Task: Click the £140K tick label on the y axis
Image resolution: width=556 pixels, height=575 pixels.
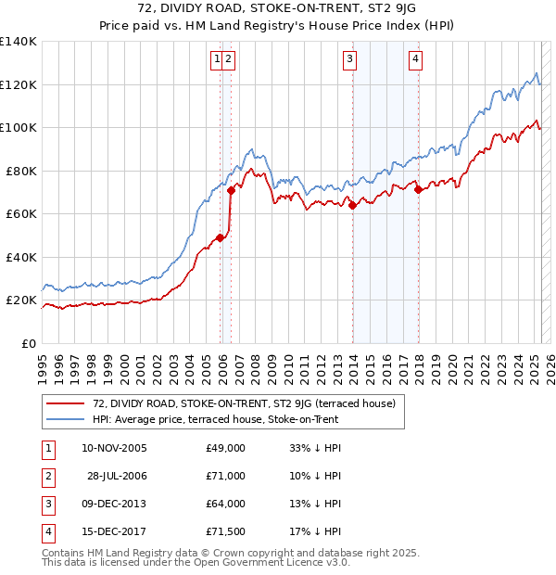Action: (19, 42)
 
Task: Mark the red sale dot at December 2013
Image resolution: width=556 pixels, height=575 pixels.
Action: (353, 206)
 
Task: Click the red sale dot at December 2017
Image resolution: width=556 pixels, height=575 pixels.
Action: (419, 190)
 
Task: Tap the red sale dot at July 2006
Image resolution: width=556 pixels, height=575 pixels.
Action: (231, 191)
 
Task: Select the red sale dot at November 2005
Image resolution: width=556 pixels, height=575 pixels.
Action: (220, 238)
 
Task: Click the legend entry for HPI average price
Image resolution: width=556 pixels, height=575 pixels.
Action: (215, 419)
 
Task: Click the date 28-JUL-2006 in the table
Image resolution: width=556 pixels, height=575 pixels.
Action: (117, 476)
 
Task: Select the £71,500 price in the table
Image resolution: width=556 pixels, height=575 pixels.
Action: (225, 531)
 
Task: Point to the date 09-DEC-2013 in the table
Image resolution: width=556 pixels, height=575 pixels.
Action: (115, 504)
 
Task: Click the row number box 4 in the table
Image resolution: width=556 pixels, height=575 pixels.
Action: (45, 531)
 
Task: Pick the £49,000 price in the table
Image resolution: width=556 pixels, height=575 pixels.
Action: (225, 448)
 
